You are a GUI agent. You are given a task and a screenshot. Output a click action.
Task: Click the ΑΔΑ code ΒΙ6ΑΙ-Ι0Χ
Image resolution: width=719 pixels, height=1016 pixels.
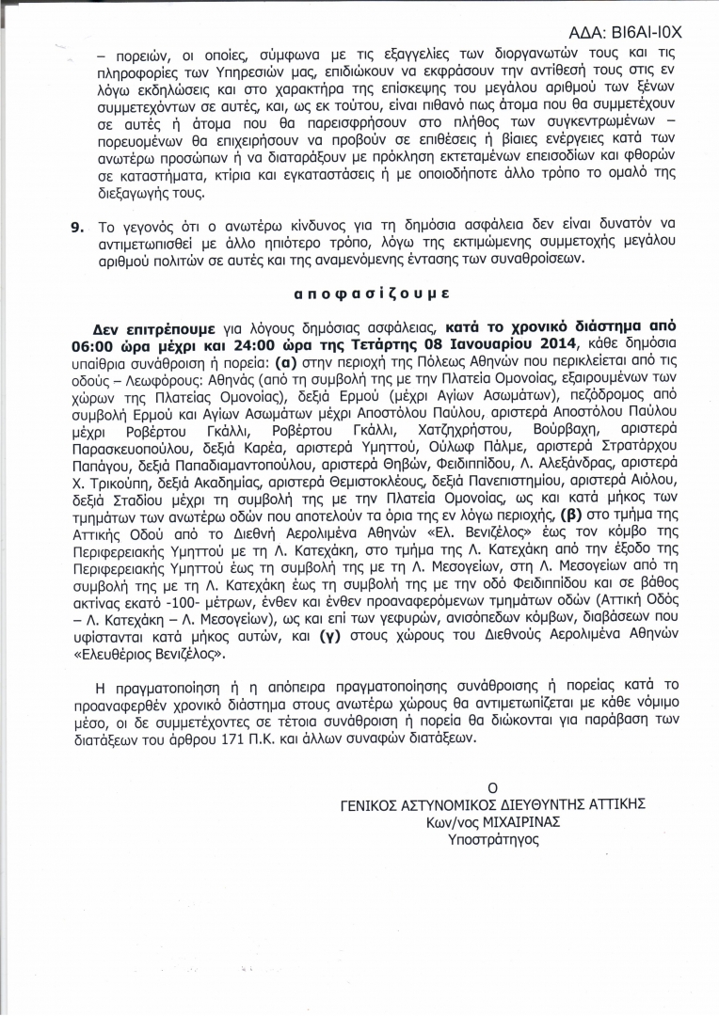pos(653,32)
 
